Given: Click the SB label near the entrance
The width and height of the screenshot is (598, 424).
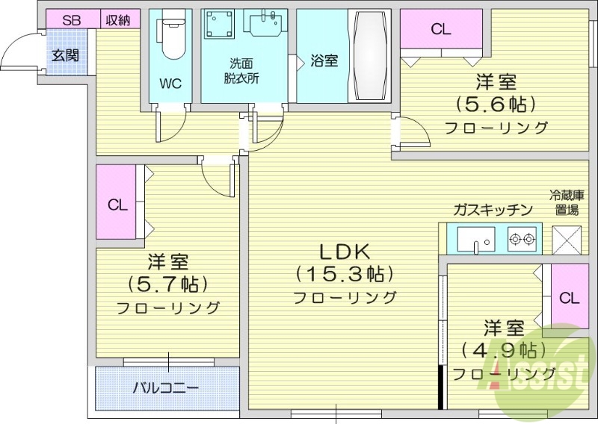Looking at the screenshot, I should click(71, 20).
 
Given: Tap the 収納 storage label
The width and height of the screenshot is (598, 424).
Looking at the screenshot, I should click(117, 20).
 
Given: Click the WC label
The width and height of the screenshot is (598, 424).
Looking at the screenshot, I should click(170, 84).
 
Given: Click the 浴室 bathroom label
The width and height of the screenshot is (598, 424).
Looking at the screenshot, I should click(324, 61).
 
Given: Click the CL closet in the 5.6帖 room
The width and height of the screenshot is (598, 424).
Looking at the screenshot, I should click(441, 30).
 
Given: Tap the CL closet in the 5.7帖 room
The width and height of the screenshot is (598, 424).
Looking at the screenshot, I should click(117, 205).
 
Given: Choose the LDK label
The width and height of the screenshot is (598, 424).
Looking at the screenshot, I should click(345, 251).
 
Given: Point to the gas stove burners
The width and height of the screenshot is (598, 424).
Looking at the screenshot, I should click(521, 240).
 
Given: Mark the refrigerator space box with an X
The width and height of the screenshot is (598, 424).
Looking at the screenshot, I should click(566, 239).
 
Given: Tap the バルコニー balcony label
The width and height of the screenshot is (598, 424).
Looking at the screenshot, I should click(165, 388).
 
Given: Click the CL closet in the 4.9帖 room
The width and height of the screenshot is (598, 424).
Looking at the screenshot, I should click(569, 299).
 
